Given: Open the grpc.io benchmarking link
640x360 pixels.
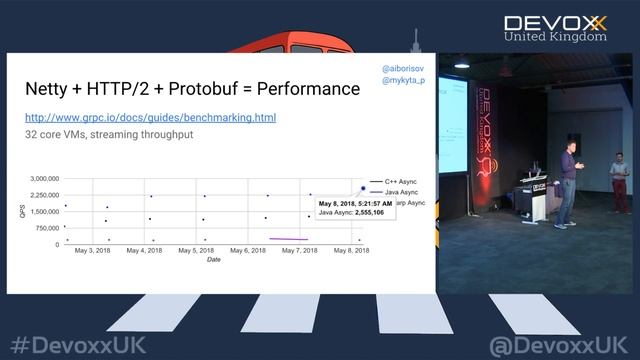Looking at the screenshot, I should click(150, 118).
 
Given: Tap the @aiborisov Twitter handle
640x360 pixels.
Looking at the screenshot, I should click(402, 67).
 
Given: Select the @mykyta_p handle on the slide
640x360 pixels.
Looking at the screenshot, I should click(402, 80).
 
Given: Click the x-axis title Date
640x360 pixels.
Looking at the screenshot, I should click(214, 260).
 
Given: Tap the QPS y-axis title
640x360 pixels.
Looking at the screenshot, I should click(22, 211).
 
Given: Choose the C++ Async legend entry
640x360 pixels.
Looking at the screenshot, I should click(396, 182).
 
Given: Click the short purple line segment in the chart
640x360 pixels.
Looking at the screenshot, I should click(288, 239).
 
